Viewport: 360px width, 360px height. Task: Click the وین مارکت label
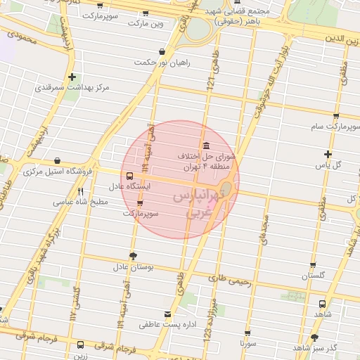pos(146,22)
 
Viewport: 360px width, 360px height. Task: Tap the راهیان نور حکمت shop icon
pos(162,51)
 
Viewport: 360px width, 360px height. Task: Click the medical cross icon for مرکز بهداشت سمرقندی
pos(72,77)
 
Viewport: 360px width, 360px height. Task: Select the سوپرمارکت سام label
pos(335,127)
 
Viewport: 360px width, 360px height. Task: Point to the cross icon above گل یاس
pos(327,154)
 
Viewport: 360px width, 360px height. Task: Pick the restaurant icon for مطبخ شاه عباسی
pos(81,191)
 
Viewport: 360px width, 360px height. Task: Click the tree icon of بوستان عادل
pos(134,256)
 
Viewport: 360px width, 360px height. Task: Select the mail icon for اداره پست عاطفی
pos(167,314)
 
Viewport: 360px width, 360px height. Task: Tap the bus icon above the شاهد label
pos(322,304)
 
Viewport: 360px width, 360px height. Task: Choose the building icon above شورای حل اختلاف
pos(206,145)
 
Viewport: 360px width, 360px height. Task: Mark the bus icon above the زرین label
pos(80,345)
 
